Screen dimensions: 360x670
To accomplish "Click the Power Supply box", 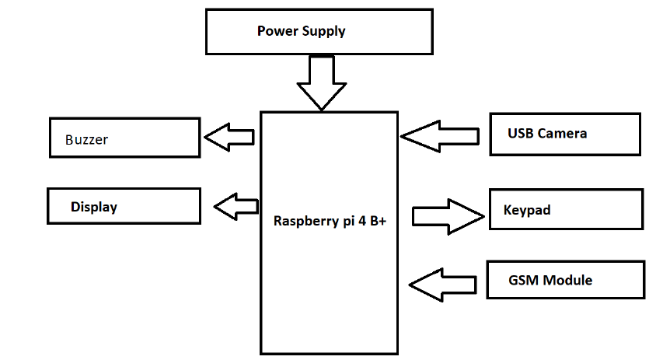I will pos(319,32).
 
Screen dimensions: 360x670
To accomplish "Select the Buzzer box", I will pos(125,138).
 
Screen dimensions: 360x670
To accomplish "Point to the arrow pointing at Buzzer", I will pos(229,138).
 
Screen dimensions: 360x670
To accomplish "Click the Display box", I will pos(124,207).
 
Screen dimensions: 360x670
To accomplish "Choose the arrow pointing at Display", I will pos(236,207).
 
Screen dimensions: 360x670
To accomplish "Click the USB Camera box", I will pos(565,134).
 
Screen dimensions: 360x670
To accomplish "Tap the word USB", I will pos(521,134).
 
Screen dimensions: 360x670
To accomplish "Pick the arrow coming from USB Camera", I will pos(440,136).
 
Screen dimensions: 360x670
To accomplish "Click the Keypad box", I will pos(566,209).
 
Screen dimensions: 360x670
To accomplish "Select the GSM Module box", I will pos(565,280).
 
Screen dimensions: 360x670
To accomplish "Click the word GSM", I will pos(522,280).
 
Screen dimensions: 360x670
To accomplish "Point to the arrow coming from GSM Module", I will pos(443,284).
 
